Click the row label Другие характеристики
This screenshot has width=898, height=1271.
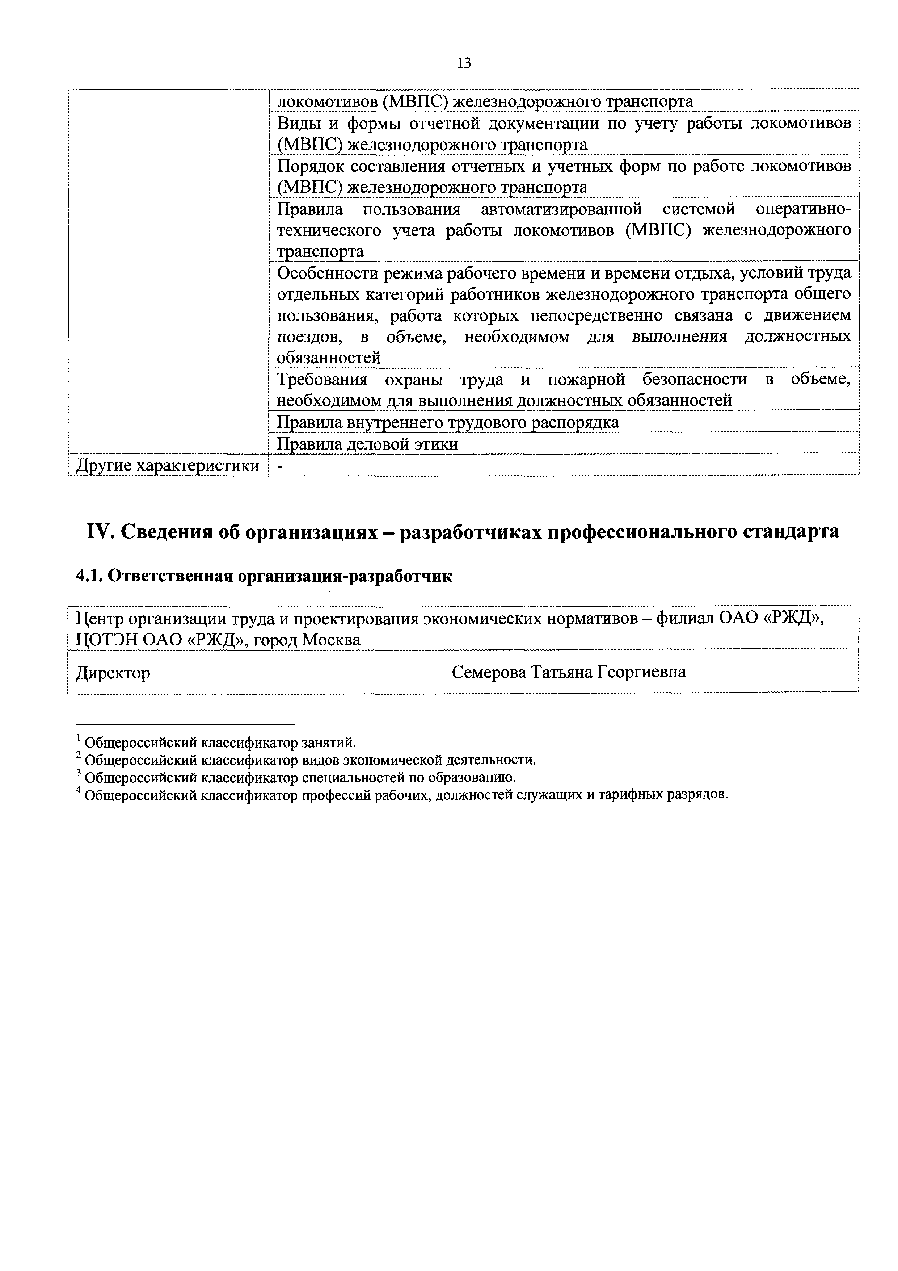(167, 465)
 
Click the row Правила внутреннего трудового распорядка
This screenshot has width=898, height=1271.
(447, 422)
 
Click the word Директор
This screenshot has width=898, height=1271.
(113, 673)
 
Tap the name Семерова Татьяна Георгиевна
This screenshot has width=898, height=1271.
(568, 672)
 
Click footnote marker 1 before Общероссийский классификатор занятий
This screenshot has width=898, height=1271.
(79, 738)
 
